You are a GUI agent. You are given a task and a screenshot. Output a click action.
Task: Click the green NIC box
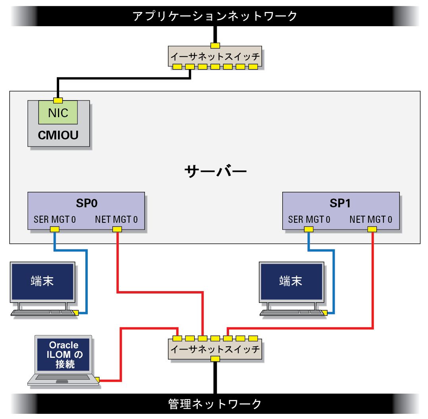coord(58,112)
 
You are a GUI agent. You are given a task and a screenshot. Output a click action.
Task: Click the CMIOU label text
coord(58,135)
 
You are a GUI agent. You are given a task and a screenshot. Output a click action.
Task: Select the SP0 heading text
coord(87,203)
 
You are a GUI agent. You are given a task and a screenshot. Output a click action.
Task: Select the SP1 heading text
coord(340,203)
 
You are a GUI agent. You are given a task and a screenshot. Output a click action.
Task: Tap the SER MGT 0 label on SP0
coord(55,220)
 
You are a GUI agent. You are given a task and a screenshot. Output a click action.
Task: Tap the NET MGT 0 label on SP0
coord(116,220)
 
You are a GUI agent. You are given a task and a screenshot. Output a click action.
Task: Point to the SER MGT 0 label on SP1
coord(309,220)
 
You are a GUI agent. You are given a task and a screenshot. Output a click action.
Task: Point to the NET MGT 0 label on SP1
coord(371,220)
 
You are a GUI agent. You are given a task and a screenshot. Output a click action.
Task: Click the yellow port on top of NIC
coord(58,100)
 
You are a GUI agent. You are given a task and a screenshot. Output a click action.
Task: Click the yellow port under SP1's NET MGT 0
coord(372,229)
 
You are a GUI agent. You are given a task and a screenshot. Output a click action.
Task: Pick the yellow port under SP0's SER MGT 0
coord(55,229)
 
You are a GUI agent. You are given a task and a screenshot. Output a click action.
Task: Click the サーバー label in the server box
coord(215,172)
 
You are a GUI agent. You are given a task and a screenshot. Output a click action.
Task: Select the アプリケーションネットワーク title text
coord(215,16)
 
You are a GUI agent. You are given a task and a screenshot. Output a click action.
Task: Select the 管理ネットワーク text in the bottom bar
coord(215,404)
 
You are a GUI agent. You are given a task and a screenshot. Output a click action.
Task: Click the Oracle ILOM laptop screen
coord(64,355)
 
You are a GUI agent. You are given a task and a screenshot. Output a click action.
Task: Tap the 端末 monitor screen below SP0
coord(42,282)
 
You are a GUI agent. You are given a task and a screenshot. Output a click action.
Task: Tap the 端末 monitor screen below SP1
coord(291,282)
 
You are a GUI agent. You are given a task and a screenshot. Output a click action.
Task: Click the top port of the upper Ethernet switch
coord(215,45)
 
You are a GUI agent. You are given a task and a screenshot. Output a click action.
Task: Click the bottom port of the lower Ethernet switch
coord(215,359)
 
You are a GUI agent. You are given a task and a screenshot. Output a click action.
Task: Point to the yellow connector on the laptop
coord(97,380)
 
